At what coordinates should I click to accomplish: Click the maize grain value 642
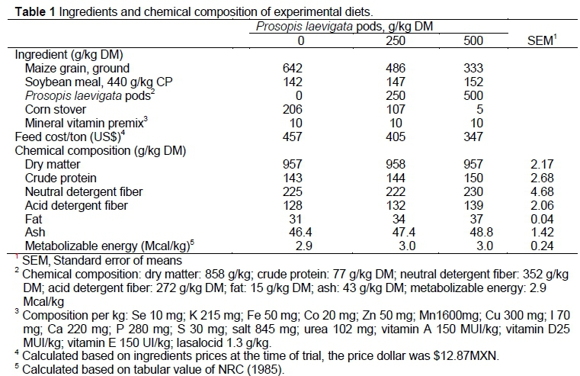coord(293,69)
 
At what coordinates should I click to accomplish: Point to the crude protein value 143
coord(293,177)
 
